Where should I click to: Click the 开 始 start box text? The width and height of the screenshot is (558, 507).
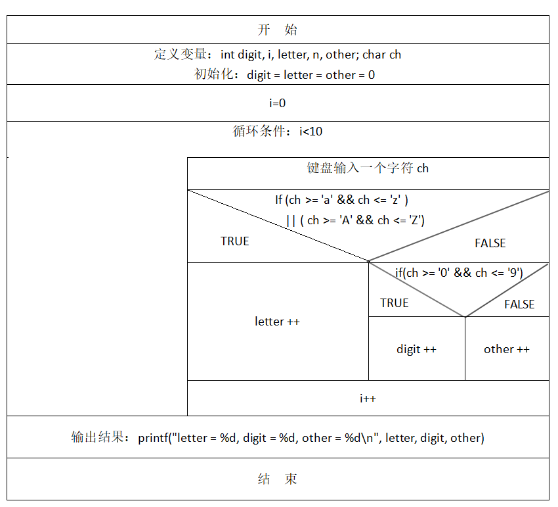tap(277, 30)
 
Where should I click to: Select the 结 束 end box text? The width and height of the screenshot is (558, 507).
tap(277, 479)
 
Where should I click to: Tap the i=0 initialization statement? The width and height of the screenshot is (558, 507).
tap(277, 103)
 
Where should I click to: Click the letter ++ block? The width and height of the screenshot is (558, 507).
tap(277, 322)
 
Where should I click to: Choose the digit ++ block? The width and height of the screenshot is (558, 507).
tap(416, 349)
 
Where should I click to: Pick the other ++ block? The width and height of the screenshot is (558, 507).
tap(506, 349)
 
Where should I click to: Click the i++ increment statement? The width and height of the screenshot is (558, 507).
tap(368, 398)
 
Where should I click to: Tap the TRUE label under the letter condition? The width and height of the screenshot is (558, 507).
tap(234, 241)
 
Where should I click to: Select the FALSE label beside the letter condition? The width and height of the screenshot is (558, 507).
tap(490, 243)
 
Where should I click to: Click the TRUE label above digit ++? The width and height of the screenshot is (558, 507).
tap(394, 303)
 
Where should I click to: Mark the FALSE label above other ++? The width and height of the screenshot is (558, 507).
tap(519, 304)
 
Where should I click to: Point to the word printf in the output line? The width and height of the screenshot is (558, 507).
tap(153, 438)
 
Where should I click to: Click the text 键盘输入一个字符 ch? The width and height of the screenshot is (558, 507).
tap(368, 168)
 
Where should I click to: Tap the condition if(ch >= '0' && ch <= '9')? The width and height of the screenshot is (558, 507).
tap(458, 273)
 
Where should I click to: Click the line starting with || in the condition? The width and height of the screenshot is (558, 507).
tap(355, 220)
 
